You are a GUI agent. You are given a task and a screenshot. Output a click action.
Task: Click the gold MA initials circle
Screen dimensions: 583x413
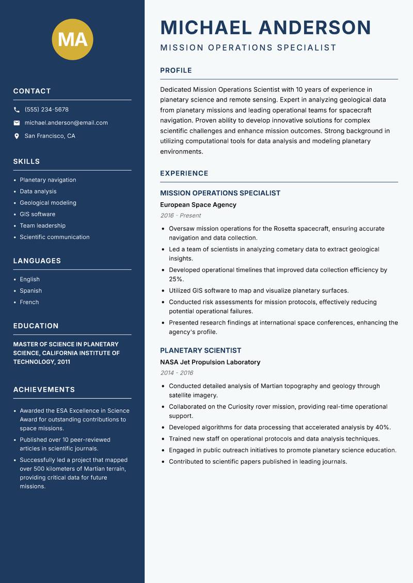click(x=72, y=39)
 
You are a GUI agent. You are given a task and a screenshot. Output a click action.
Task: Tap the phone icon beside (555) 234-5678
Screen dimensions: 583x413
click(x=17, y=110)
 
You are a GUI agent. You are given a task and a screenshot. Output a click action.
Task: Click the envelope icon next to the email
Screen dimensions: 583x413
click(x=17, y=123)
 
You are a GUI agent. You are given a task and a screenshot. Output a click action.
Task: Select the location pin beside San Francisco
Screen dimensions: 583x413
click(x=17, y=136)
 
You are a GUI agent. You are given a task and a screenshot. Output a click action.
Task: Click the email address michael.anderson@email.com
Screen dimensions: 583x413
click(x=66, y=123)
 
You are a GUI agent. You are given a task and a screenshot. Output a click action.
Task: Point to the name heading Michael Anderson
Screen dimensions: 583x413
click(x=265, y=27)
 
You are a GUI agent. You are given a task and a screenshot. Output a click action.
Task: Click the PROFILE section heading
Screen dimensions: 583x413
click(x=176, y=71)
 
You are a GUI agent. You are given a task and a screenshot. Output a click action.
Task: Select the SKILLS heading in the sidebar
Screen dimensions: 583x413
click(x=26, y=161)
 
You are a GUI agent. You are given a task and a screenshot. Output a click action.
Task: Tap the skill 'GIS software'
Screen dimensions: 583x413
click(x=37, y=214)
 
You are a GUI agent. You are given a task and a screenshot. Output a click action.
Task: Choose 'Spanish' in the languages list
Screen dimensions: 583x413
click(x=30, y=291)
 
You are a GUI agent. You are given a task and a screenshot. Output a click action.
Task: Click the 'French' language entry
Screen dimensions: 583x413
click(x=29, y=302)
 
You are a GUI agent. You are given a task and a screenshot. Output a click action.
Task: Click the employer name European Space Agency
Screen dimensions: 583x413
click(x=198, y=205)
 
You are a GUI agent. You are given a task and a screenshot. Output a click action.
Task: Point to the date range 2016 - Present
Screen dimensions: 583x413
click(x=180, y=216)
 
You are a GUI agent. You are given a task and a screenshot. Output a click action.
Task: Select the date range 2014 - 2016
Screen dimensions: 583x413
click(x=177, y=373)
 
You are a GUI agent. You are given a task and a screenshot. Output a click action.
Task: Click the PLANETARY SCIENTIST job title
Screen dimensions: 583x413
click(x=200, y=350)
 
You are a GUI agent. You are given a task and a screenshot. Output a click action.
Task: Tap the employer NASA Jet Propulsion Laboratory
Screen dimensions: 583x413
click(x=210, y=362)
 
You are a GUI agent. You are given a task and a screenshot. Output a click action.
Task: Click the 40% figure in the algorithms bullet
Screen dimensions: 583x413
click(x=382, y=427)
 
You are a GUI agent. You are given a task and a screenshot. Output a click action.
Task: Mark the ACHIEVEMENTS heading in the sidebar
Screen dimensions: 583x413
click(x=44, y=390)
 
